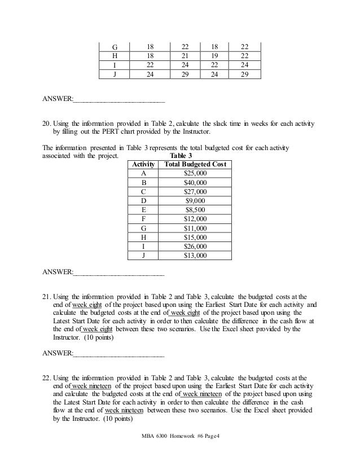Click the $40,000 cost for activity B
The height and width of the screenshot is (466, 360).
195,182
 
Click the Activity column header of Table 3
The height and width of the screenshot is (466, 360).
143,164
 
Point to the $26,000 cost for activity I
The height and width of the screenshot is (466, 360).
195,246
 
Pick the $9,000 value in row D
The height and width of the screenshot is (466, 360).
195,200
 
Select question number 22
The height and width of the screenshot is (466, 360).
47,377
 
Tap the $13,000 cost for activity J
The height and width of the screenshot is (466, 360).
195,255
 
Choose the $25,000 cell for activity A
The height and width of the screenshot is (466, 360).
195,173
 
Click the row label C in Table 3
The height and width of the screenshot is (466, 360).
143,191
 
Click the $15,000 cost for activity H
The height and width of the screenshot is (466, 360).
195,237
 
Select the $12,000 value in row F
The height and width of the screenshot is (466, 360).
195,218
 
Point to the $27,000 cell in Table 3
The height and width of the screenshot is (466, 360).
195,191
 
